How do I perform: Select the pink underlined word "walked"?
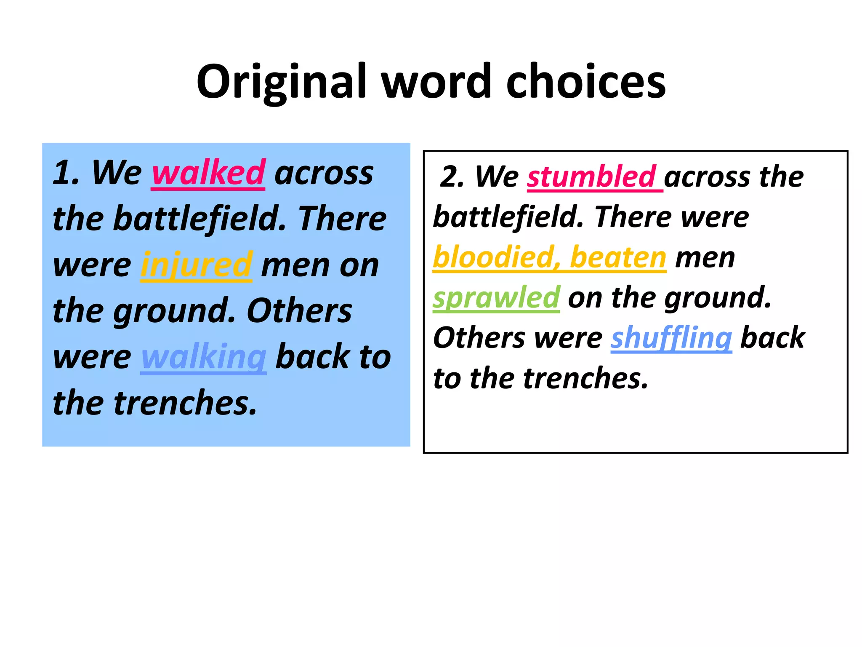[x=208, y=173]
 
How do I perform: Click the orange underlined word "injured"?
[x=196, y=265]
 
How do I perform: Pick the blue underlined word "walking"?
[x=203, y=357]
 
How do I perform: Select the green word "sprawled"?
[x=496, y=297]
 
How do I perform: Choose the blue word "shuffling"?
[x=671, y=338]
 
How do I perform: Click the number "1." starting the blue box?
[x=66, y=173]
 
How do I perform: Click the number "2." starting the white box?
[x=452, y=176]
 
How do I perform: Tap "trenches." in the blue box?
[x=185, y=403]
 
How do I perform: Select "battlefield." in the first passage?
[x=200, y=219]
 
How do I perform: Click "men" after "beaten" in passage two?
[x=705, y=258]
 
